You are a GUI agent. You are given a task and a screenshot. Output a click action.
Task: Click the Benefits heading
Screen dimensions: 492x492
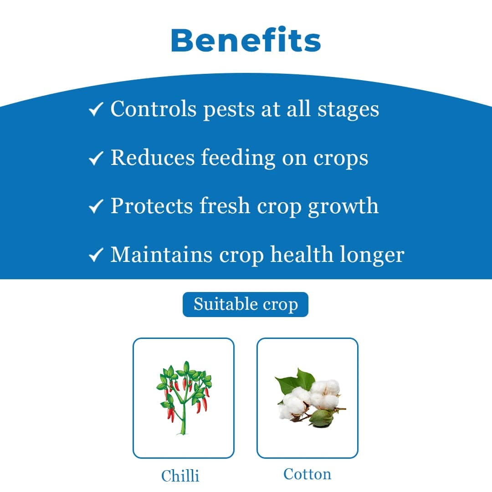coord(246,41)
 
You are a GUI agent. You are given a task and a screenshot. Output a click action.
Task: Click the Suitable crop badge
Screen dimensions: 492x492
coord(246,304)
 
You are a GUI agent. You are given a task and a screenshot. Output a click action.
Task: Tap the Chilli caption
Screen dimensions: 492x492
coord(180,476)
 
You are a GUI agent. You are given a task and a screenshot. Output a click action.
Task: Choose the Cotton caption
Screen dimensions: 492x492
coord(307,474)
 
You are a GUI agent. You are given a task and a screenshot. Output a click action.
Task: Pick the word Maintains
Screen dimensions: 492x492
coord(161,254)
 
